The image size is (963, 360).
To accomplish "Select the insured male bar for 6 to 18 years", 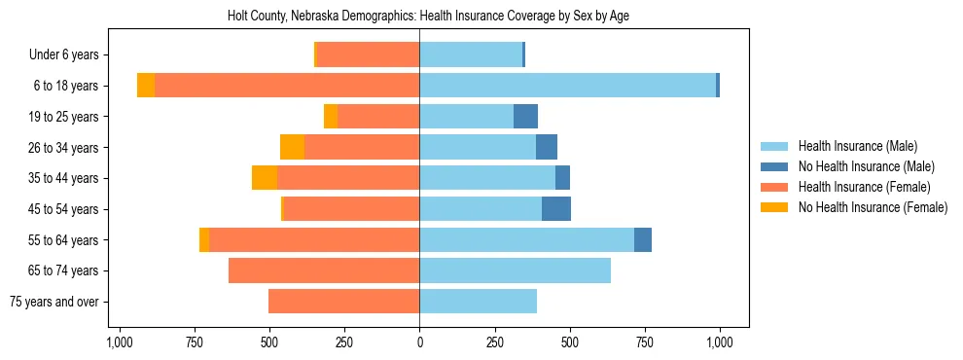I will [567, 86].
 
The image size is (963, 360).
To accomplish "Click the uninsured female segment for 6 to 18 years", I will [146, 86].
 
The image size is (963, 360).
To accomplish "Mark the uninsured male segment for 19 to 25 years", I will [525, 117].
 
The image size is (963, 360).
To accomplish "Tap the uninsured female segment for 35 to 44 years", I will [265, 178].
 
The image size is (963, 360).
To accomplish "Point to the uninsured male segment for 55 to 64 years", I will [643, 240].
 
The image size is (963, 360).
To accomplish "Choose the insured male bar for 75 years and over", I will [478, 302].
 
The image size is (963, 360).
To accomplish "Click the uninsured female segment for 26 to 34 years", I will [292, 147].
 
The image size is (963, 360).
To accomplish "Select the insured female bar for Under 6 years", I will [368, 54].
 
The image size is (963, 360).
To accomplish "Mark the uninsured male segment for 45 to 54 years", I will [556, 209].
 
